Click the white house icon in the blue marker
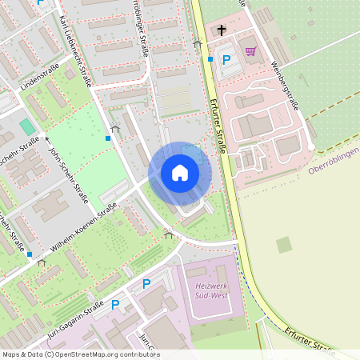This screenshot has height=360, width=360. click(179, 173)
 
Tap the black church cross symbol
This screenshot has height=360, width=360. click(221, 30)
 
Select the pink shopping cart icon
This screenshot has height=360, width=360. click(250, 51)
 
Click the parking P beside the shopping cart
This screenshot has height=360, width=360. click(226, 60)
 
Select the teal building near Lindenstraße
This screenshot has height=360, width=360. click(28, 126)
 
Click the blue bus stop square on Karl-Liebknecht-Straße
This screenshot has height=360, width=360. click(108, 138)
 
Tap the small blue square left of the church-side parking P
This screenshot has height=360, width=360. click(210, 58)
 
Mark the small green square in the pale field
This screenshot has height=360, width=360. click(284, 245)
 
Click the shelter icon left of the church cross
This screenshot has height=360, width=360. click(198, 44)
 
